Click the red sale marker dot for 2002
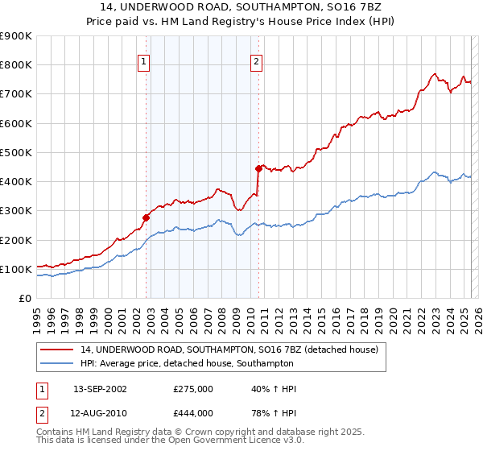tap(147, 217)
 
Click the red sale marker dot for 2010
tap(258, 168)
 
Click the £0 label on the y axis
tap(24, 298)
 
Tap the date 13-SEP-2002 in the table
tap(100, 389)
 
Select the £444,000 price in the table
tap(192, 412)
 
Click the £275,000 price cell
tap(192, 389)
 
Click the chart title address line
tap(242, 7)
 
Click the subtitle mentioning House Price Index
tap(242, 21)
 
